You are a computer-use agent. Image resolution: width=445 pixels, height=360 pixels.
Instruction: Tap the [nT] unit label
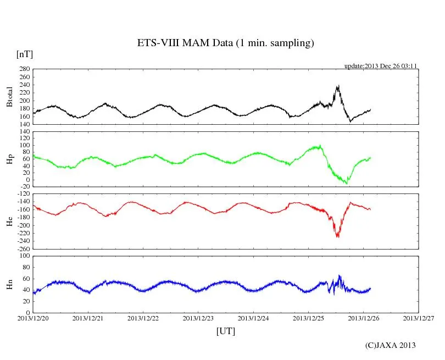(24, 54)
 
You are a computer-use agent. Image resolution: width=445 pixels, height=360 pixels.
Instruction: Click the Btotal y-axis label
(9, 97)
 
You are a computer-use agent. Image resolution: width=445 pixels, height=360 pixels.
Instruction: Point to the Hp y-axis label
(9, 159)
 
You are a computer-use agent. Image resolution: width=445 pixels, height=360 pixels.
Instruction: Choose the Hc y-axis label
(9, 221)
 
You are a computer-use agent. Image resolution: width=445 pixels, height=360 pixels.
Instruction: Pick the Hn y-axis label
(9, 284)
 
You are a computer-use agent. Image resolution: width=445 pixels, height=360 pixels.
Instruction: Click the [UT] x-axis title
(225, 331)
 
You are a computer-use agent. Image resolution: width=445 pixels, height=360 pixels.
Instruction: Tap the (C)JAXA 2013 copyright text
(390, 345)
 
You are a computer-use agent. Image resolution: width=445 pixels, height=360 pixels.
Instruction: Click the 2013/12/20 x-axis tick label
(33, 318)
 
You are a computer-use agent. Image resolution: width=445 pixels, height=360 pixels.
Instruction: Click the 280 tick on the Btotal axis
(24, 69)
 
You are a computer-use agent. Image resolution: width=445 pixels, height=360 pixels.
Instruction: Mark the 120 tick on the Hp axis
(24, 131)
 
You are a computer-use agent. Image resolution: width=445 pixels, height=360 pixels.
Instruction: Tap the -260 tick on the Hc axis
(22, 248)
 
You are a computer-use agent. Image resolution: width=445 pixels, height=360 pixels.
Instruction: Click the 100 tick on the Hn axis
(24, 256)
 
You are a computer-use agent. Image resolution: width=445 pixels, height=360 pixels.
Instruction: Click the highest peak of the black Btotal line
(338, 86)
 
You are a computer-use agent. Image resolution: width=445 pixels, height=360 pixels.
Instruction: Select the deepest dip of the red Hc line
(337, 237)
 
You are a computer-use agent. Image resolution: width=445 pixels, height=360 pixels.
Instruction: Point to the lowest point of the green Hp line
(346, 183)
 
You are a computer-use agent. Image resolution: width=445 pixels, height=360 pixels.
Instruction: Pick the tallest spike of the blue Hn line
(340, 275)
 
